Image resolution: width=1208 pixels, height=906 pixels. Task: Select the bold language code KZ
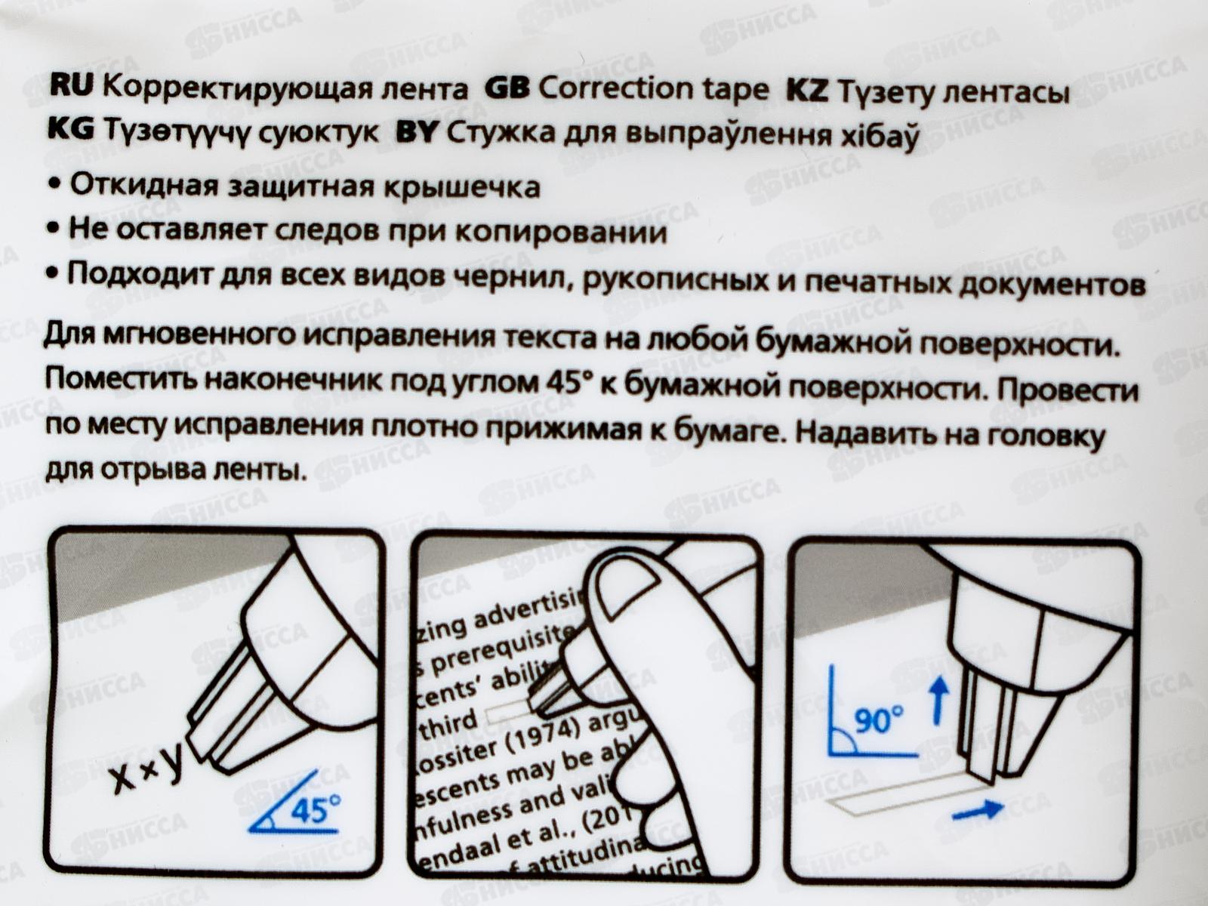(x=807, y=91)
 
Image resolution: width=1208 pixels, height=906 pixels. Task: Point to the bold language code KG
(x=70, y=130)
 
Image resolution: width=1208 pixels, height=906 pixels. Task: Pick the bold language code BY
(x=417, y=133)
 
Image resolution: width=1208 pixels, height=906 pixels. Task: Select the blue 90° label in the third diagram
(x=878, y=720)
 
